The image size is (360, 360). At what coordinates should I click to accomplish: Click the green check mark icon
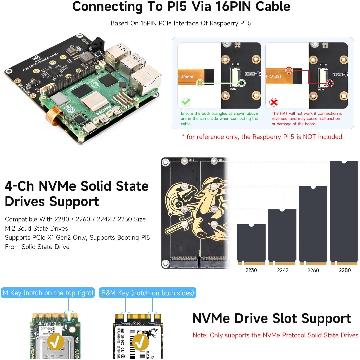point(186,102)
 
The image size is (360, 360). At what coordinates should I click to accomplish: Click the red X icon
point(274,102)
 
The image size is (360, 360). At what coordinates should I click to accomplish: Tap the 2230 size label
point(251,270)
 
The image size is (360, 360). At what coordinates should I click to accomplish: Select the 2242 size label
point(282,270)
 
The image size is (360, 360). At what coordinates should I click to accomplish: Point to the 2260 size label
point(313,270)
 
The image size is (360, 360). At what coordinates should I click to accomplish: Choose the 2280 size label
point(345,270)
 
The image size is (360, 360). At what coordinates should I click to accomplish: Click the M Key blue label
point(48,293)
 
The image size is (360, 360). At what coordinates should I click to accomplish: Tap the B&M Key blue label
point(147,293)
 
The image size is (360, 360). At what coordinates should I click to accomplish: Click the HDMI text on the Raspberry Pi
point(104,110)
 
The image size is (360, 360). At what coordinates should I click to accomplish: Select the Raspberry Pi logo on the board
point(69,109)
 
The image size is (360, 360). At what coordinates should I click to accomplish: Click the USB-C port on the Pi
point(90,128)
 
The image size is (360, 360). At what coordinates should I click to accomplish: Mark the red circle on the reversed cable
point(289,70)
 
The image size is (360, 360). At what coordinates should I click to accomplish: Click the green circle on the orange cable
point(200,83)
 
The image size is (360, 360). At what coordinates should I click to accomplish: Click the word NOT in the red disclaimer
point(310,137)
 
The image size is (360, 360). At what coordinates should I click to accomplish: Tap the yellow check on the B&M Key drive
point(140,342)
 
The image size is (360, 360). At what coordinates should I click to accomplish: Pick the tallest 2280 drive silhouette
point(344,211)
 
